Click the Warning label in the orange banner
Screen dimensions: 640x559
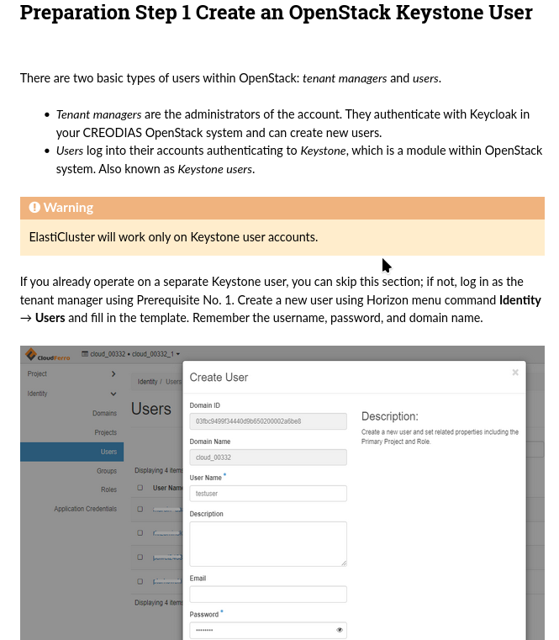point(68,208)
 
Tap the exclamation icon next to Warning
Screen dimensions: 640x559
point(34,208)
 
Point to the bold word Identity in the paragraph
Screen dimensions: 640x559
point(519,300)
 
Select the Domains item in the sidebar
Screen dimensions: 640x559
point(104,414)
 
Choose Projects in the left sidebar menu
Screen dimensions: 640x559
point(105,433)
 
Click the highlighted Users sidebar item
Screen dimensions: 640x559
point(108,452)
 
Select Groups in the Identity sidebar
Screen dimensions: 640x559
point(106,472)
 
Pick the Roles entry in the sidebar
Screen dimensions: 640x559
point(108,490)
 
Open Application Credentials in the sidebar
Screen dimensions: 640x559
point(85,509)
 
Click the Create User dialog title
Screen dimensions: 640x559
point(219,378)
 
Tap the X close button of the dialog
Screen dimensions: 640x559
point(515,373)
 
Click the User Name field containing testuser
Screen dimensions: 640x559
point(267,494)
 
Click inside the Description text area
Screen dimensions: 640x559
point(267,543)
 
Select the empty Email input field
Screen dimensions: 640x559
point(267,595)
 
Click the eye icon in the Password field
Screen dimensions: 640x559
point(340,630)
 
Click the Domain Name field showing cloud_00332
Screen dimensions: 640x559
point(267,458)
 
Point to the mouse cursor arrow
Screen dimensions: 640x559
point(385,265)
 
